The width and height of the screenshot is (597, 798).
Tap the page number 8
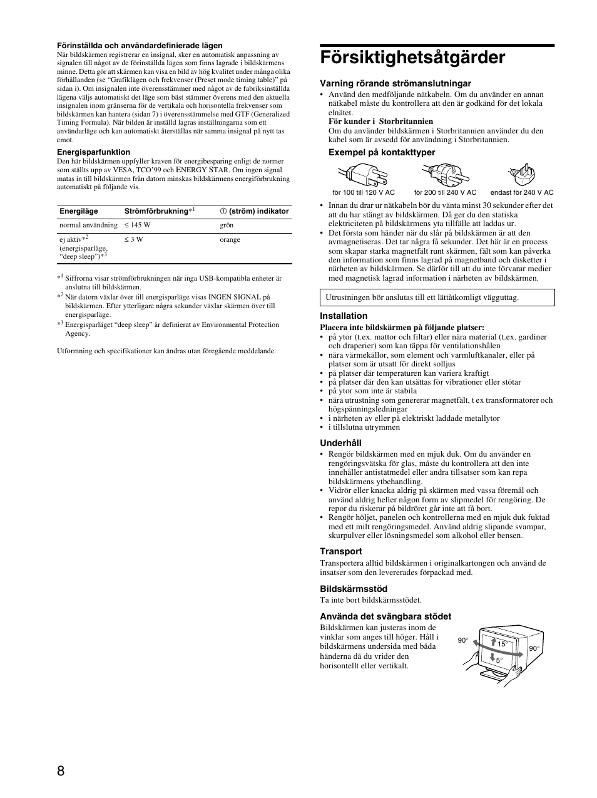(61, 770)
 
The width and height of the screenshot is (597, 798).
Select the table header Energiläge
(79, 212)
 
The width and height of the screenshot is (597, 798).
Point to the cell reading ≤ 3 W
(133, 240)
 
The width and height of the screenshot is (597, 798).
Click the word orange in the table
(230, 240)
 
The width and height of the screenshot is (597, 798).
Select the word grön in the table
(227, 225)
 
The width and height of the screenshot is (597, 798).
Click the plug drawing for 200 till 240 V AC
(442, 172)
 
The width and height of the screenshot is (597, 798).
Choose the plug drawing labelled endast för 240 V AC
(521, 174)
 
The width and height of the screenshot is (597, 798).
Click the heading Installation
(344, 316)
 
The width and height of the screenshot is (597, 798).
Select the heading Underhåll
(340, 443)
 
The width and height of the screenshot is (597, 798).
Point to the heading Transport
(341, 552)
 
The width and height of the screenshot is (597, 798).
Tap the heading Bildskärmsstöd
(354, 589)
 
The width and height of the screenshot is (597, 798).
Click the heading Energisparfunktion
(94, 152)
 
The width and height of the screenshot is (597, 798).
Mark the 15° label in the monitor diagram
(501, 644)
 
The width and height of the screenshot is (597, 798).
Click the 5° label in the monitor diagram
(499, 660)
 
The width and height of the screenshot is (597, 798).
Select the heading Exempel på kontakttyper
(382, 153)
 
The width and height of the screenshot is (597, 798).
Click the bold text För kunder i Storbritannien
(380, 122)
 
